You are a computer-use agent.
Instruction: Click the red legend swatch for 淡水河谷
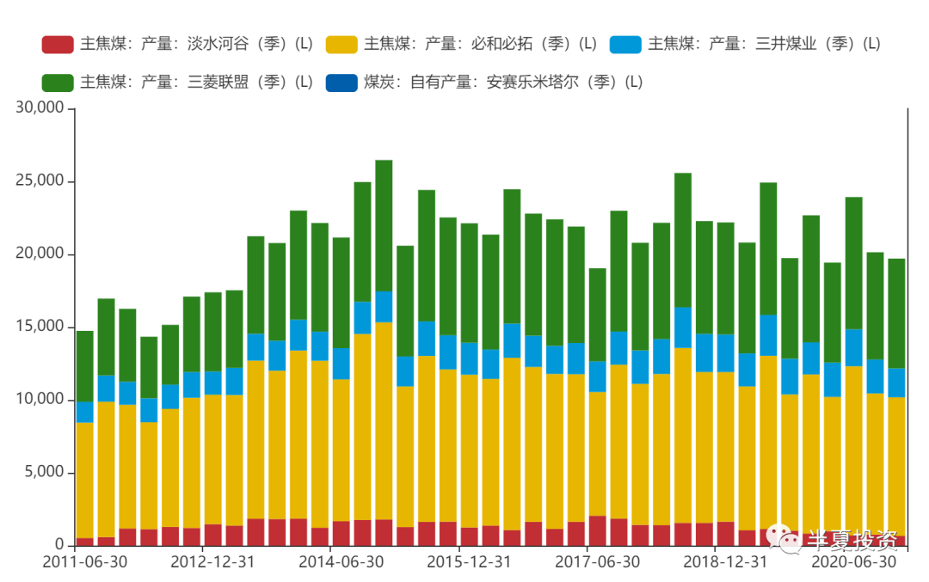click(x=58, y=44)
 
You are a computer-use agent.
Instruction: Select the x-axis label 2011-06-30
click(x=84, y=562)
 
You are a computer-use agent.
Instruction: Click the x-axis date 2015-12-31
click(x=470, y=562)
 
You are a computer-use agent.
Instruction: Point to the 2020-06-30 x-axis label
click(x=854, y=562)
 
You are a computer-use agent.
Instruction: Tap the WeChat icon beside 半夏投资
click(x=785, y=538)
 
